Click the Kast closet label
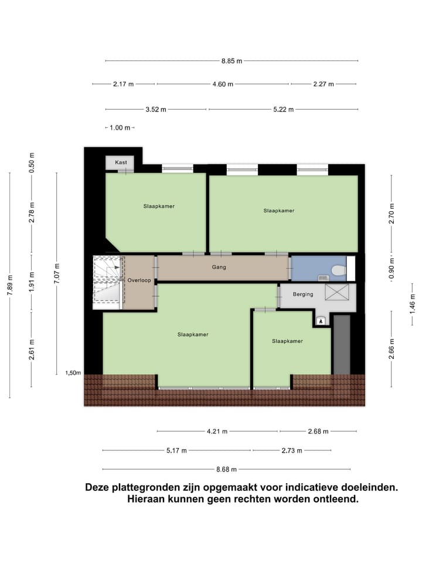click(x=121, y=162)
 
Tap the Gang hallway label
click(x=219, y=267)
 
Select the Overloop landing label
click(x=139, y=280)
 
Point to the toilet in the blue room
click(x=338, y=270)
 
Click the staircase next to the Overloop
click(x=108, y=281)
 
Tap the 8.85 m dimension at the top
click(x=232, y=60)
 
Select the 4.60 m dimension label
click(x=223, y=84)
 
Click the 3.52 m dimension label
click(x=156, y=109)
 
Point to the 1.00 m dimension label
click(x=120, y=127)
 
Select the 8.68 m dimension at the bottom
click(x=226, y=469)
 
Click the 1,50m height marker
click(x=73, y=372)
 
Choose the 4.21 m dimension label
click(x=217, y=432)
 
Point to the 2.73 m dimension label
click(x=291, y=450)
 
